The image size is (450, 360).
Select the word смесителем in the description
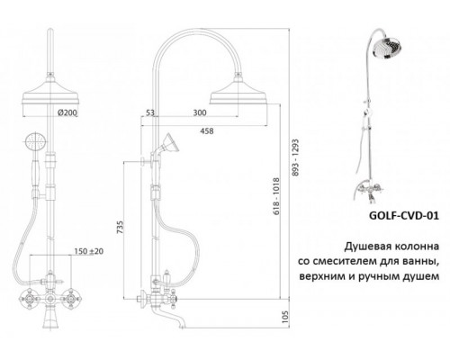coord(354,261)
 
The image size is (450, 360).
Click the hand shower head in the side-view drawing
coord(167,146)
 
